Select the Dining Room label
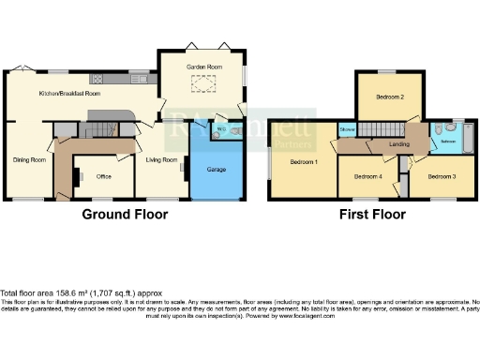(29, 159)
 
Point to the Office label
(103, 175)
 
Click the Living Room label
(161, 159)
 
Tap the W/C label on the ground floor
(221, 128)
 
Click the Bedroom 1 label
(304, 162)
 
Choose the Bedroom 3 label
(442, 176)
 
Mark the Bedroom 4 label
(368, 176)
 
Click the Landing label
(398, 144)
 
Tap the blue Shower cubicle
(347, 129)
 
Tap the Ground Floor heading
(125, 214)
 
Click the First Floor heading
(373, 214)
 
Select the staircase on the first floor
(381, 129)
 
